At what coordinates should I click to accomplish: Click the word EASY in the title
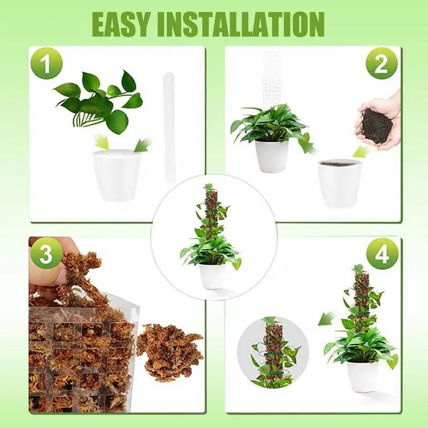124,24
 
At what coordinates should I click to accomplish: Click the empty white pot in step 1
117,174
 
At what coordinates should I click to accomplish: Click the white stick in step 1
169,128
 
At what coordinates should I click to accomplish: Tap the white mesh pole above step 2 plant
271,75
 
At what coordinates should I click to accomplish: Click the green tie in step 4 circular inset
272,354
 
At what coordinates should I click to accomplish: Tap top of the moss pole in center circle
209,188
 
